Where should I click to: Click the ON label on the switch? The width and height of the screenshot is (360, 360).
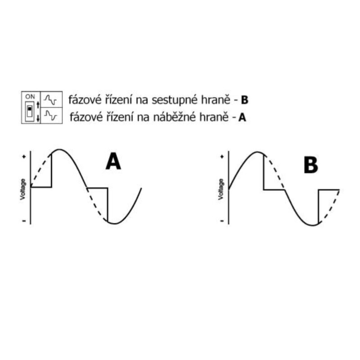coord(30,96)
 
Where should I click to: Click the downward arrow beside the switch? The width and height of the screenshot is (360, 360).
coord(38,118)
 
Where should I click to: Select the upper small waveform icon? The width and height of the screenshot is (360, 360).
coord(50,99)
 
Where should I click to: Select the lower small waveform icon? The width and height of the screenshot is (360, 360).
coord(50,116)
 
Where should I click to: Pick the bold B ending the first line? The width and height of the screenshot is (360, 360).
coord(244,100)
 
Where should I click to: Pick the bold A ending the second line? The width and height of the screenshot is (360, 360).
coord(242,117)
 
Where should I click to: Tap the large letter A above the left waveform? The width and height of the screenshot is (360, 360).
coord(113,162)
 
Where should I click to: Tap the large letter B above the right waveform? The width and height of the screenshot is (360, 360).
coord(311,165)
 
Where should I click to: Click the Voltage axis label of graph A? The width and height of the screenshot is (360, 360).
coord(22,189)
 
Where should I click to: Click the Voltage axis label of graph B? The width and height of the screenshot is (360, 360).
coord(220,189)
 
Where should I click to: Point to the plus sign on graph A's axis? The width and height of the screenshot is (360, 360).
coord(24,157)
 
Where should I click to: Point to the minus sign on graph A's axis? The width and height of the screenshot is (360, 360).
coord(24,221)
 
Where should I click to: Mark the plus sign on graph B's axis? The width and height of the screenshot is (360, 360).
coord(222,157)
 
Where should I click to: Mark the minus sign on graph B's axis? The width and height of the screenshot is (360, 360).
coord(222,221)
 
